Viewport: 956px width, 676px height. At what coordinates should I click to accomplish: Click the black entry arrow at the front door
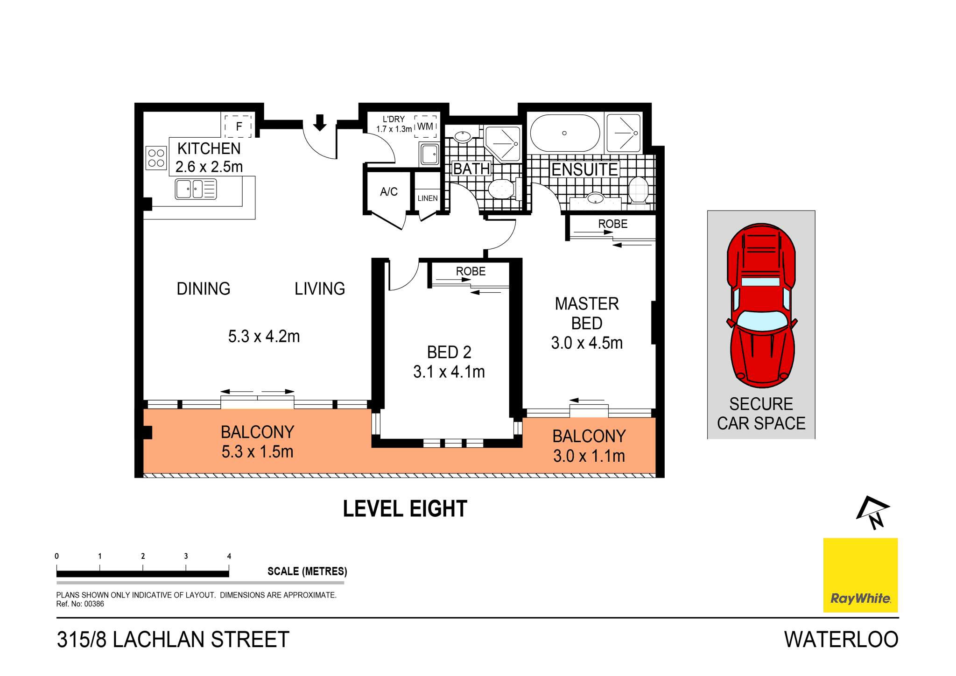(x=320, y=122)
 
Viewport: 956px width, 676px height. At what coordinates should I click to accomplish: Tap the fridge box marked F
(x=239, y=126)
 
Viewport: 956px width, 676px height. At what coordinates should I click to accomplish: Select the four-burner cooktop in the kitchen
(x=156, y=158)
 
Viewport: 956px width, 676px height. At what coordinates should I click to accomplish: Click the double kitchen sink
(x=196, y=189)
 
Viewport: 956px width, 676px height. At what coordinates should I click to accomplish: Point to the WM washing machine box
(x=425, y=126)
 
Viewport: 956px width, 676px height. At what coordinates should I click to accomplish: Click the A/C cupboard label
(x=388, y=191)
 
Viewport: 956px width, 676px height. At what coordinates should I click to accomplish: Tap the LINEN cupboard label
(x=428, y=198)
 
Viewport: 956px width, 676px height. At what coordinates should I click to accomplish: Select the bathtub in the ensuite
(x=565, y=133)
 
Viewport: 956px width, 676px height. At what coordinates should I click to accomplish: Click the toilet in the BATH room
(x=500, y=189)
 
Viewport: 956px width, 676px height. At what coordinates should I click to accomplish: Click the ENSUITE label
(x=584, y=169)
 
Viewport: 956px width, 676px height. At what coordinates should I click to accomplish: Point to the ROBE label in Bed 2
(x=471, y=271)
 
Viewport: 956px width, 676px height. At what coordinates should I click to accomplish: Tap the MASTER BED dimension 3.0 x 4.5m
(x=587, y=343)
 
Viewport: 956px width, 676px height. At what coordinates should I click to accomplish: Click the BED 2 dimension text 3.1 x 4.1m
(x=449, y=372)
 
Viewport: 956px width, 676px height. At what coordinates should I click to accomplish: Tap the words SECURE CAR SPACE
(x=761, y=414)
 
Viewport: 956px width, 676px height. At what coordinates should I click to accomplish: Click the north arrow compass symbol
(x=872, y=512)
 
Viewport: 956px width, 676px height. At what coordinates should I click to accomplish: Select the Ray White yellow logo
(x=860, y=575)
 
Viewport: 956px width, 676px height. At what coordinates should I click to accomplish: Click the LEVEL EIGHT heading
(x=405, y=509)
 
